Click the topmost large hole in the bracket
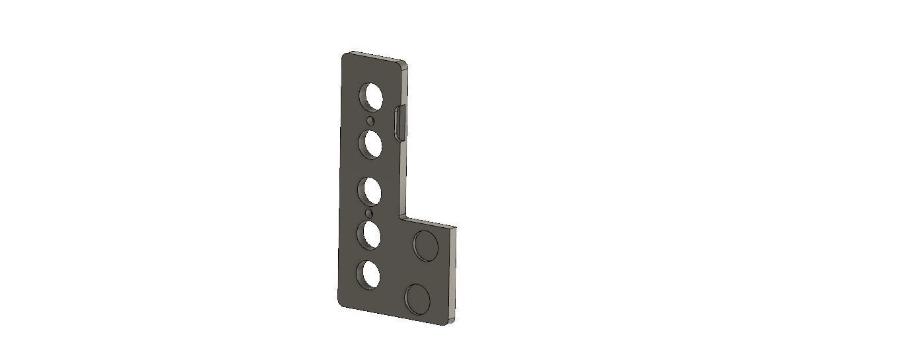371,96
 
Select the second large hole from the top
372,143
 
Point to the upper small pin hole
370,122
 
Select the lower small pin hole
369,213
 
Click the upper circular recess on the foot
425,244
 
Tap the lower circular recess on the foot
418,299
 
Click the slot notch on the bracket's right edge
399,122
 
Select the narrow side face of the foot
455,274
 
